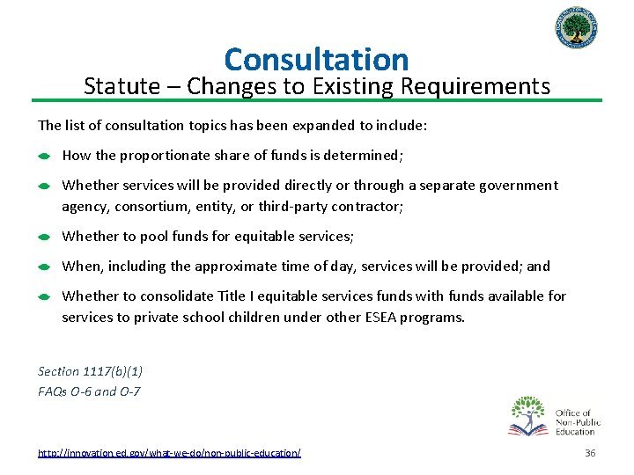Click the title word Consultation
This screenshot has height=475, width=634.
(x=316, y=59)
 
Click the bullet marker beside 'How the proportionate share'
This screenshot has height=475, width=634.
(x=43, y=157)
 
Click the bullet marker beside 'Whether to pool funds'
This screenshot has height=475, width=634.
(x=43, y=237)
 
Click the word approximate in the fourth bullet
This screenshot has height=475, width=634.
(x=223, y=266)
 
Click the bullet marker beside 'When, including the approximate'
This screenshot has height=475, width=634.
(x=43, y=267)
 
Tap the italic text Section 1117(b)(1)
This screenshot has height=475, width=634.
(x=91, y=372)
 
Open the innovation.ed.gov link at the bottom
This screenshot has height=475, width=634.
(x=169, y=452)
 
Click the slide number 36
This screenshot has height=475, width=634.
(x=590, y=452)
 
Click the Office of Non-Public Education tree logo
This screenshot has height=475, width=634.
(x=527, y=416)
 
